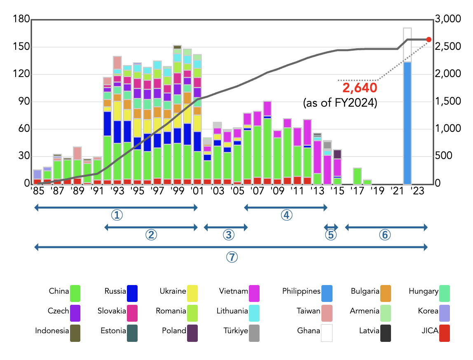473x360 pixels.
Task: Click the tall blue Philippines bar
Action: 407,123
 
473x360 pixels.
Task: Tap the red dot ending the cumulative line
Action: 429,40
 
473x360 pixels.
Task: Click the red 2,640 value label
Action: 360,88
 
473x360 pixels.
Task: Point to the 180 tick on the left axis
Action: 21,19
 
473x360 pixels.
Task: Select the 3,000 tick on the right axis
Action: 447,19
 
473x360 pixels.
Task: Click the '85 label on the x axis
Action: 37,191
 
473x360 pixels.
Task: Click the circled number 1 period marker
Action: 118,215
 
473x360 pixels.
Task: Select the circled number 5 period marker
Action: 331,234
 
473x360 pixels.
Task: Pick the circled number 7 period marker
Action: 232,257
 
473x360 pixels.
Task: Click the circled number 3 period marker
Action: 229,234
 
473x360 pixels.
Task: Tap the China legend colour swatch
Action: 75,293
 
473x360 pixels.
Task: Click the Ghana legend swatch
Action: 326,333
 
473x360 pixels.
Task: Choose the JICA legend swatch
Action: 444,333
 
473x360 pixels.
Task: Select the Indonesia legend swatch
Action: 75,333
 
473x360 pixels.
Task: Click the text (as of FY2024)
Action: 340,103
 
